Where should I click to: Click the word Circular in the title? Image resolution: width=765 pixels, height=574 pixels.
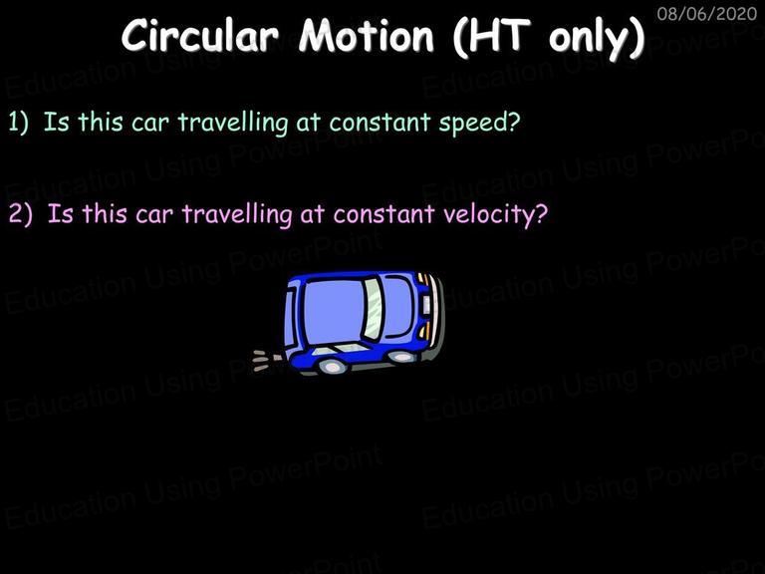click(x=200, y=35)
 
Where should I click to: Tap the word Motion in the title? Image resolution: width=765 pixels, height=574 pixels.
click(x=367, y=35)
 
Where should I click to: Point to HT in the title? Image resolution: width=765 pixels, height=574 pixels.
click(x=499, y=35)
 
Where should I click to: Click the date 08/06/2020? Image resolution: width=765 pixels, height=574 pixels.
click(x=707, y=13)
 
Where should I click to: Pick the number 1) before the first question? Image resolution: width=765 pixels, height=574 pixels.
click(x=19, y=122)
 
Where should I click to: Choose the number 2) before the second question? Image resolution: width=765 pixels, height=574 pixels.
click(x=21, y=214)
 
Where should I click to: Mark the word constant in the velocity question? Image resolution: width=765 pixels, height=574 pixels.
click(x=383, y=214)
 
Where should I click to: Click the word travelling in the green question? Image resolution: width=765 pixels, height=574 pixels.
click(x=233, y=123)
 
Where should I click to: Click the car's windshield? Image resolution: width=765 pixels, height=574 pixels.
click(x=375, y=309)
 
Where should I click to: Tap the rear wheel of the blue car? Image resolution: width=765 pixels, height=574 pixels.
click(x=332, y=366)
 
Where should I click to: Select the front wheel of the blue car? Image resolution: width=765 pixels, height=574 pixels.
click(x=401, y=357)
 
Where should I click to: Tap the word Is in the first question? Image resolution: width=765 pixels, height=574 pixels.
click(x=56, y=122)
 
